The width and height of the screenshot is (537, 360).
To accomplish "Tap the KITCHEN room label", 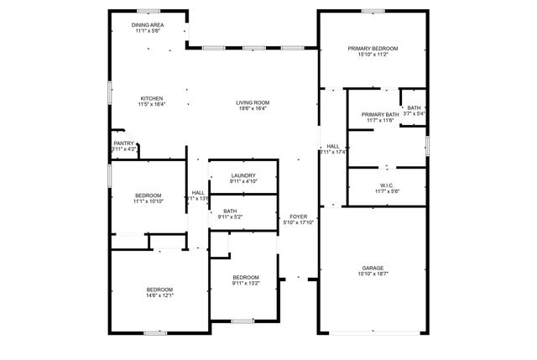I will [x=151, y=97].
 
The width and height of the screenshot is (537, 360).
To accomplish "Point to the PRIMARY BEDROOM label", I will [x=373, y=49].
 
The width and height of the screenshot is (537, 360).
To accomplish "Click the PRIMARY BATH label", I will [x=380, y=114].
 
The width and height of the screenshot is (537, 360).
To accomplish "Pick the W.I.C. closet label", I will [x=387, y=185].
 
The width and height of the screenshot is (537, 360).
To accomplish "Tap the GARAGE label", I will [x=373, y=269].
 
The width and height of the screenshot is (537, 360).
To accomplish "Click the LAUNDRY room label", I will [x=242, y=175].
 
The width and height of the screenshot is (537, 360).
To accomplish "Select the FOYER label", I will [x=297, y=216].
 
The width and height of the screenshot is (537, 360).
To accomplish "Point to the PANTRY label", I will [x=123, y=143].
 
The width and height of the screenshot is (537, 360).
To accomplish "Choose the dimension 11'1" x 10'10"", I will [x=148, y=201].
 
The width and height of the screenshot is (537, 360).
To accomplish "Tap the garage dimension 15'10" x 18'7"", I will [x=373, y=275].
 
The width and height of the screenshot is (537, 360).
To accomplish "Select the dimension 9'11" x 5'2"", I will [x=230, y=217].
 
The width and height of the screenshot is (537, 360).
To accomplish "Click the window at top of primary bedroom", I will [x=373, y=11].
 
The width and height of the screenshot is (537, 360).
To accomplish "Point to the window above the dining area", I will [x=149, y=11].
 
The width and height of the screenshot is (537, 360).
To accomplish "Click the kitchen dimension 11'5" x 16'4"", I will [x=151, y=104].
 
